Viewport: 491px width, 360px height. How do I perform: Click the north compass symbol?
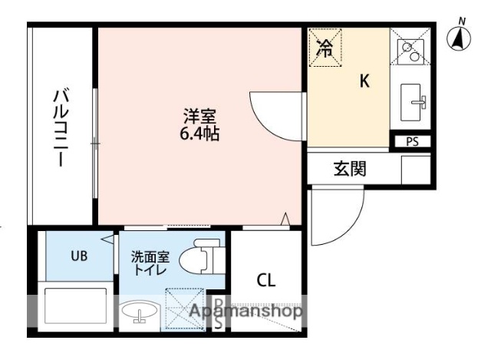click(x=460, y=38)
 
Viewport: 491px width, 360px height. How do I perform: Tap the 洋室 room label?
click(x=199, y=117)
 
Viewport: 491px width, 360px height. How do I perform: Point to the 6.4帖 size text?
click(x=199, y=134)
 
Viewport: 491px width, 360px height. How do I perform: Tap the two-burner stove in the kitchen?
click(x=410, y=51)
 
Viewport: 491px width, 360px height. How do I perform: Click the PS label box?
click(x=413, y=141)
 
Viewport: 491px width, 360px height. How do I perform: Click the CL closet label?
click(x=266, y=279)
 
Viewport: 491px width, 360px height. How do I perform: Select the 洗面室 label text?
click(x=149, y=256)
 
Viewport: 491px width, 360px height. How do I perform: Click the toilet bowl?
click(x=201, y=259)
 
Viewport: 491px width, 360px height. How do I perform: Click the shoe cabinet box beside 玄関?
click(x=416, y=169)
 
